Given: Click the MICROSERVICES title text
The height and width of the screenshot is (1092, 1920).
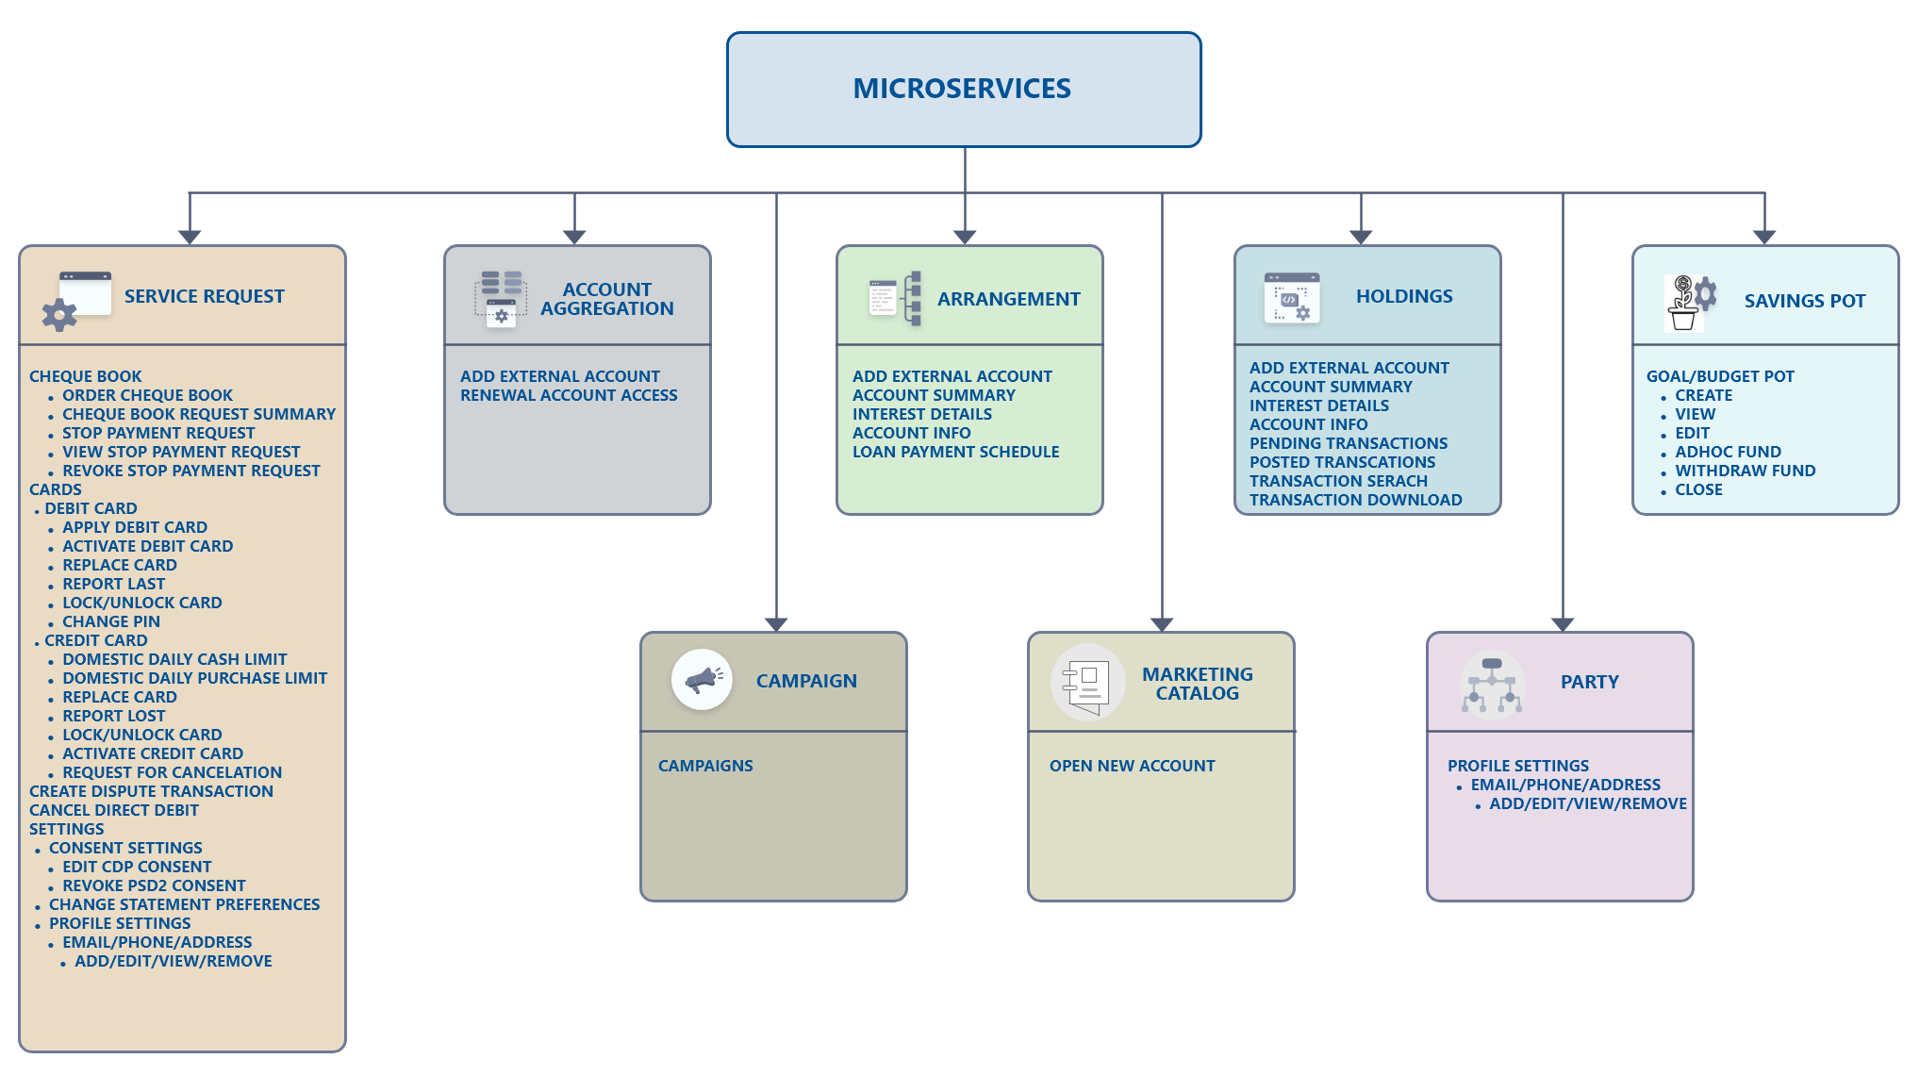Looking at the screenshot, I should pos(962,89).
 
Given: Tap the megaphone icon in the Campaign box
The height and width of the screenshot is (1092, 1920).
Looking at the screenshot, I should pos(703,679).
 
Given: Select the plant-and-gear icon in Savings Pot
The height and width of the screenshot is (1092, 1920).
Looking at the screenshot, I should pos(1691,302).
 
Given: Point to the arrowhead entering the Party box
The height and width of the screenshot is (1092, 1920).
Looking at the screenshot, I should pos(1563,624).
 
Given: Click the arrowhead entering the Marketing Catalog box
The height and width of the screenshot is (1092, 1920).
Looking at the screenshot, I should pos(1162,624).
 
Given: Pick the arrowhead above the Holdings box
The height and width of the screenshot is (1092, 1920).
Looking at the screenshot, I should pos(1361,237).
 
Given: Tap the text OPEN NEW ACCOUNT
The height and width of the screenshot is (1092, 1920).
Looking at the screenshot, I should pos(1132,766).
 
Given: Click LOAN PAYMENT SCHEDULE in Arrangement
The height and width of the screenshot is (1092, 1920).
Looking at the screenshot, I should pos(955,452).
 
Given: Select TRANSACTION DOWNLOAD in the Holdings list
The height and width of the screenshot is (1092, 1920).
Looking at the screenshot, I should pos(1355,500).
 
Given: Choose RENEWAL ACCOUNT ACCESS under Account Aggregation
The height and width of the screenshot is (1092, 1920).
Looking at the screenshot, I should pos(569,395).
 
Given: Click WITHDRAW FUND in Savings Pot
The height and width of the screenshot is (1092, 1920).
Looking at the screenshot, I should pos(1745,471).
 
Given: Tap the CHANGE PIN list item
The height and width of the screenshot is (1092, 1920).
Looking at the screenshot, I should pos(111,621).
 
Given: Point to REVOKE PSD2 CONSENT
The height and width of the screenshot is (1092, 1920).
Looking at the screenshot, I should pos(154,885).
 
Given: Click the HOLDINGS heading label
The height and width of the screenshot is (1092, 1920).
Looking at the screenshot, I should pos(1404,296).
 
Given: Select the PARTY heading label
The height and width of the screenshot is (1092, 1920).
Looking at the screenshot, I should pos(1589,682).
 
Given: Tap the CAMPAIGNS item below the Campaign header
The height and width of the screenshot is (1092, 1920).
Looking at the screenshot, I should pos(705,766).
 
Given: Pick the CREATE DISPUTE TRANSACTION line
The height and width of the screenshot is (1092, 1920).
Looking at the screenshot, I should pos(151,791).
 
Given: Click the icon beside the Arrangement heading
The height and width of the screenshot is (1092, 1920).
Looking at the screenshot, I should pos(895,298).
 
